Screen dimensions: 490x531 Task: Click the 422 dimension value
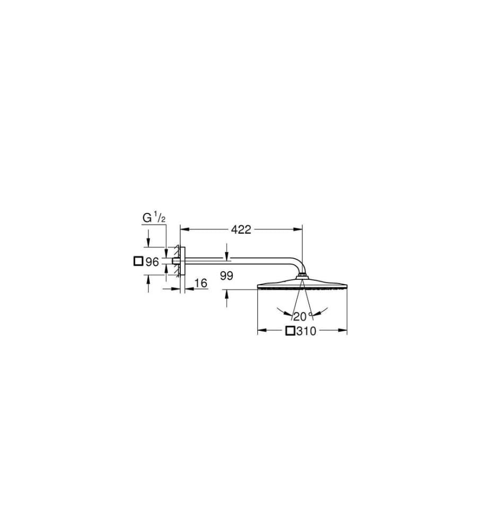(x=241, y=229)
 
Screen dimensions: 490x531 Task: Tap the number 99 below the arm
(x=226, y=276)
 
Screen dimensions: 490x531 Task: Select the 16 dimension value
(x=201, y=283)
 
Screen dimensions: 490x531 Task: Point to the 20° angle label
(x=303, y=316)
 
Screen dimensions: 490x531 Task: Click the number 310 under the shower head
(x=306, y=331)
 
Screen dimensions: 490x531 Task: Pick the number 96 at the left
(x=152, y=262)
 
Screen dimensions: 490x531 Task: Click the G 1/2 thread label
(x=154, y=218)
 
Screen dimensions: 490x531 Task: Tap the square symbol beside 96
(x=138, y=261)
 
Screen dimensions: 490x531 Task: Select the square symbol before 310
(x=290, y=331)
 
